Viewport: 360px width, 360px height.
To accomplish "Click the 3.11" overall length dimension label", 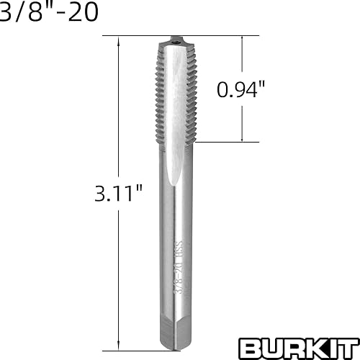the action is click(x=119, y=193).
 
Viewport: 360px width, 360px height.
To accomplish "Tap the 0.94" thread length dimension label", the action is click(x=240, y=89).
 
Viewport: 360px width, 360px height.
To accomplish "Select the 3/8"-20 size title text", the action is click(x=49, y=12).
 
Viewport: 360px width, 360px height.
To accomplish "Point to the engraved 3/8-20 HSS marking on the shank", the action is click(x=179, y=267).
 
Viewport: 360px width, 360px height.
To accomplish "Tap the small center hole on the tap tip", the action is click(x=176, y=42).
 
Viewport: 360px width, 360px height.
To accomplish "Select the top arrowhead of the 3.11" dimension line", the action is click(x=118, y=41).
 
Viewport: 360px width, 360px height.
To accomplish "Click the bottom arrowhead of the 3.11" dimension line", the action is click(x=118, y=346).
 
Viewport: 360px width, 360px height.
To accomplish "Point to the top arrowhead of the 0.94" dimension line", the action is click(x=242, y=41).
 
